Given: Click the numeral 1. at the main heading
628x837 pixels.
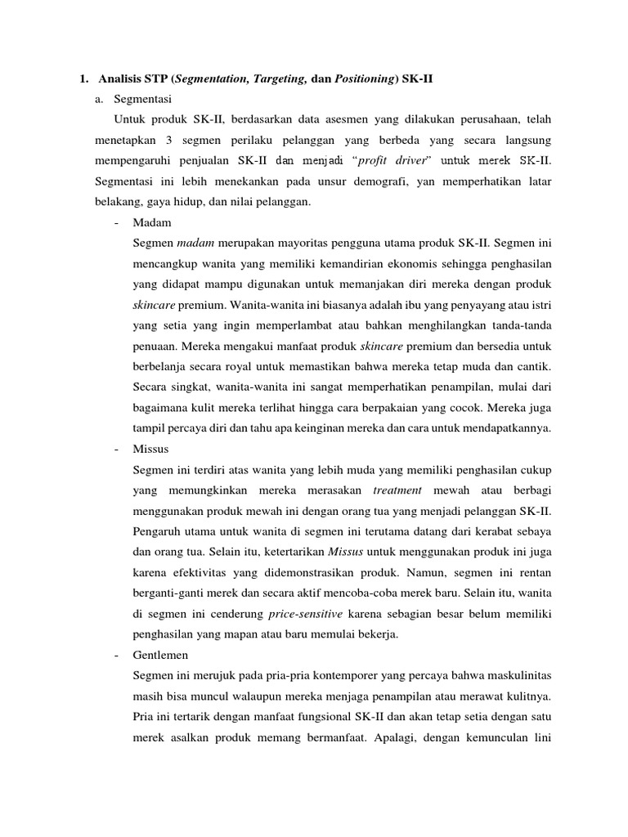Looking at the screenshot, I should tap(83, 78).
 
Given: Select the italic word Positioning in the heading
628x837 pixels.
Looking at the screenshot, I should tap(365, 78).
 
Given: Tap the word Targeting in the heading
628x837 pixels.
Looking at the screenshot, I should tap(282, 78).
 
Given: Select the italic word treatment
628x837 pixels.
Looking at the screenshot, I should tap(397, 489).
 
